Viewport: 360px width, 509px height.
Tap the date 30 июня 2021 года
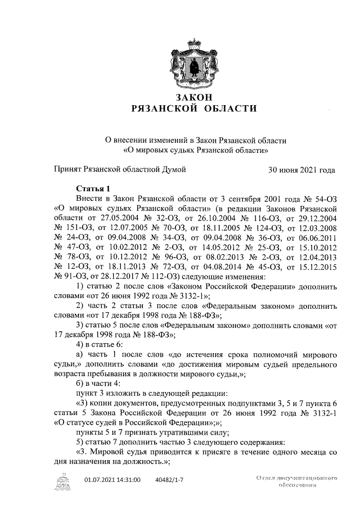[x=302, y=169]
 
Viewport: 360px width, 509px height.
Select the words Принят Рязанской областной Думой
[x=120, y=169]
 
